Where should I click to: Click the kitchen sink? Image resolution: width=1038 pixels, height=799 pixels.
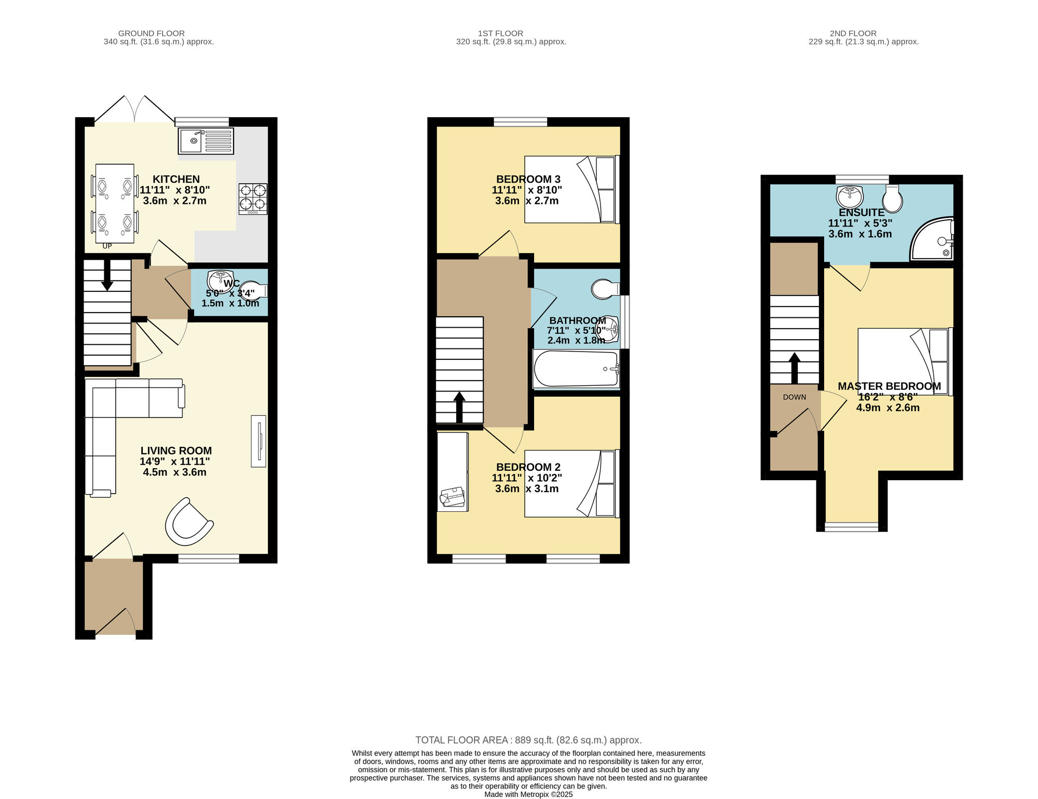pyautogui.click(x=206, y=141)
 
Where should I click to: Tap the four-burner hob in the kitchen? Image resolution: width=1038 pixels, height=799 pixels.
pyautogui.click(x=253, y=199)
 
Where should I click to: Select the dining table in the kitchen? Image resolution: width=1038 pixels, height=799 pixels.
pyautogui.click(x=115, y=203)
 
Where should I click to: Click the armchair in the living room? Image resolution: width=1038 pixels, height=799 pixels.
pyautogui.click(x=188, y=522)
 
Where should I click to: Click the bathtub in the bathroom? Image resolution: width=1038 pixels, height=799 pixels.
pyautogui.click(x=576, y=369)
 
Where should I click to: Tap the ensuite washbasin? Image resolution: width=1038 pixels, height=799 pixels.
pyautogui.click(x=850, y=197)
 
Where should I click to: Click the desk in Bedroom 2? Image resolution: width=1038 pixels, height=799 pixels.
pyautogui.click(x=453, y=471)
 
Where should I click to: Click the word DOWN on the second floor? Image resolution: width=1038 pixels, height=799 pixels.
pyautogui.click(x=795, y=397)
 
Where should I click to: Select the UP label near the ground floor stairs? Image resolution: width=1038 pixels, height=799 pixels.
pyautogui.click(x=107, y=246)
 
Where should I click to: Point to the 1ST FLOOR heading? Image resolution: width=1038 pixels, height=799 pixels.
pyautogui.click(x=500, y=33)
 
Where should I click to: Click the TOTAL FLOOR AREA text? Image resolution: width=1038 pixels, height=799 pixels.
pyautogui.click(x=528, y=740)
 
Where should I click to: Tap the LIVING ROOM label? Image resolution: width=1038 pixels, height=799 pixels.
pyautogui.click(x=176, y=451)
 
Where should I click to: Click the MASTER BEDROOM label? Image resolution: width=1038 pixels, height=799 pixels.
pyautogui.click(x=889, y=386)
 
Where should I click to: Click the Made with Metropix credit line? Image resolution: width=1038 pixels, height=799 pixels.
pyautogui.click(x=528, y=794)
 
